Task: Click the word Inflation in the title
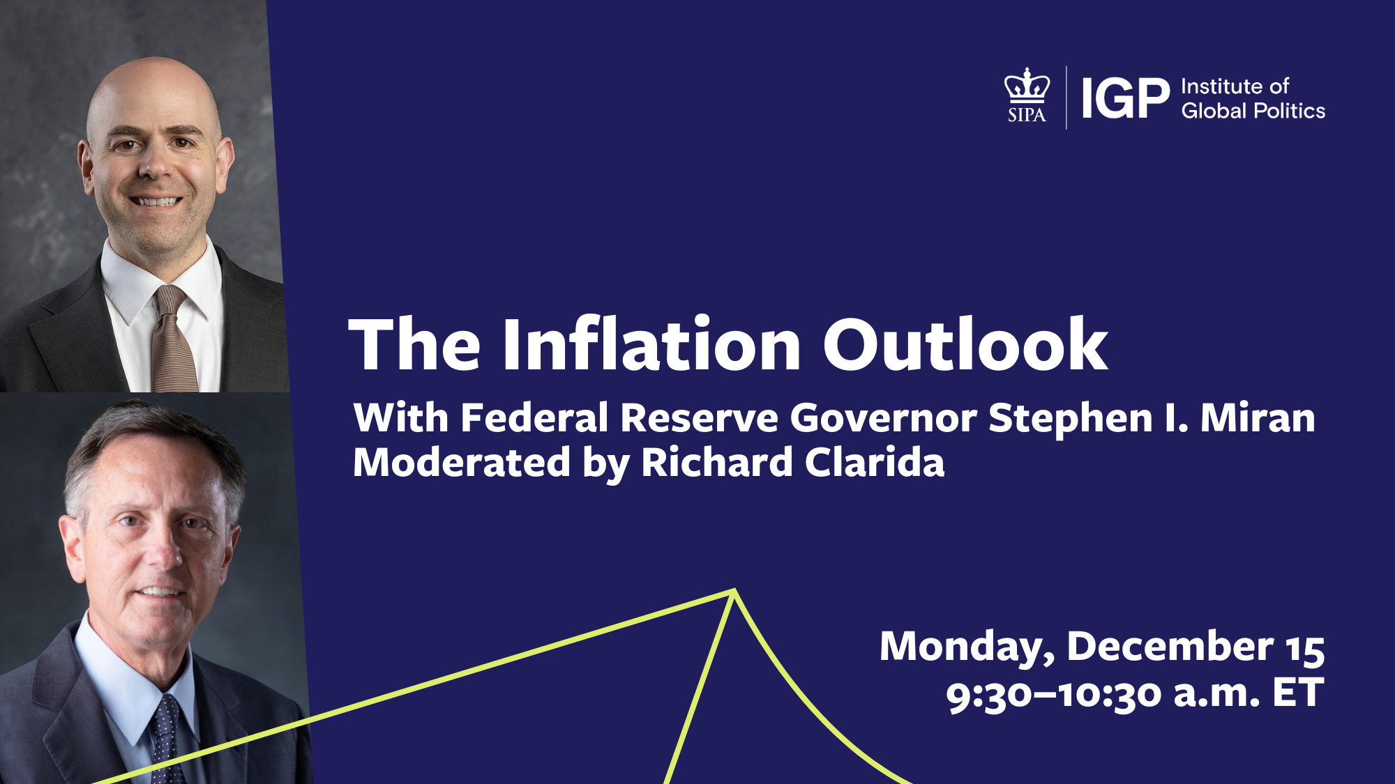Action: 651,344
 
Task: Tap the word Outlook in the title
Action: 965,344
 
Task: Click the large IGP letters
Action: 1124,98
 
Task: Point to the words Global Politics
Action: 1253,111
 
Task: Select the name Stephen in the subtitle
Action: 1070,418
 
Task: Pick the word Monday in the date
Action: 967,647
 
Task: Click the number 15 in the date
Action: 1305,648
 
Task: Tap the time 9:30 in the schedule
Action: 988,694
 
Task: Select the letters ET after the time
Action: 1297,693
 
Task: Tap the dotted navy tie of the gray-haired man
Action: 166,739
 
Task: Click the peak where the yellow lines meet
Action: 734,592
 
